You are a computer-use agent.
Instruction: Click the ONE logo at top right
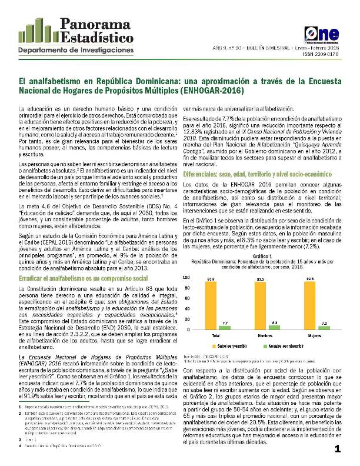[319, 34]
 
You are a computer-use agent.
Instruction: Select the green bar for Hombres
[274, 328]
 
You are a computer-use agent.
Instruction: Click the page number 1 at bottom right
[338, 450]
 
